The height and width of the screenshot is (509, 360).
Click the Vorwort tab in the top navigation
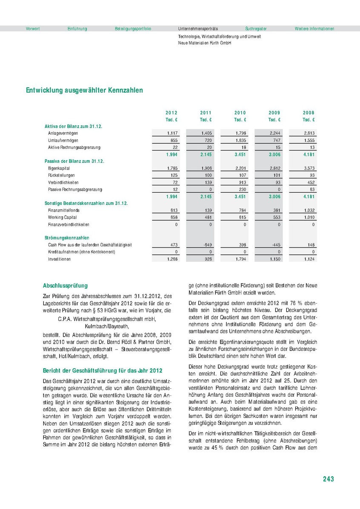[x=33, y=28]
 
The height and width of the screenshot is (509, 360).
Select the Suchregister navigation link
[x=256, y=28]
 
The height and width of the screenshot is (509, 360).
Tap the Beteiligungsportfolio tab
[x=133, y=28]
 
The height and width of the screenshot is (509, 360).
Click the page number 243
[x=328, y=479]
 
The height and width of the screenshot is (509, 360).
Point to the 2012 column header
[x=171, y=113]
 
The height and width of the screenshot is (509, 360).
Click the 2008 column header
[x=309, y=113]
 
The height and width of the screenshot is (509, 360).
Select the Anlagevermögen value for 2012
[x=172, y=133]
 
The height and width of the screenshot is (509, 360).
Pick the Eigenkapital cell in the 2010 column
[x=240, y=168]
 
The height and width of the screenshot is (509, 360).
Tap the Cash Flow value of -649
[x=206, y=245]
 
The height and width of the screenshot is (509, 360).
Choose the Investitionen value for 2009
[x=274, y=259]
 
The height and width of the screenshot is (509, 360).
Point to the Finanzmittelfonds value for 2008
[x=309, y=210]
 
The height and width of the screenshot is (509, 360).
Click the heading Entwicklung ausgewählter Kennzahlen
[x=84, y=90]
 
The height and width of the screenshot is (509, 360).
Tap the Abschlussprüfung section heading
[x=66, y=286]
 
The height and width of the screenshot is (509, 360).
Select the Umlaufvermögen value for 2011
[x=206, y=140]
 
